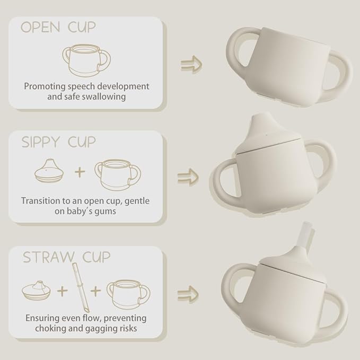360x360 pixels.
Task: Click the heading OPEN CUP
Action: point(58,28)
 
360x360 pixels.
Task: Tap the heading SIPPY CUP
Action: point(58,142)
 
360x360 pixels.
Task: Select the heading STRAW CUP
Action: point(66,257)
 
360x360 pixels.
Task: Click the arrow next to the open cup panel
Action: point(191,64)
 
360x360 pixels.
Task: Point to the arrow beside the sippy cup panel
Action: point(188,177)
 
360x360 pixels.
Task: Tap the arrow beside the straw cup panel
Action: point(188,294)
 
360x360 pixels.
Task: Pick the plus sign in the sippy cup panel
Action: point(80,172)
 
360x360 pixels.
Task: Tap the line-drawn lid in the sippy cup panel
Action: point(49,170)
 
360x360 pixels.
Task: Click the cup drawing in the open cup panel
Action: point(86,60)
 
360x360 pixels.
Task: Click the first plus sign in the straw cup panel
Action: point(63,291)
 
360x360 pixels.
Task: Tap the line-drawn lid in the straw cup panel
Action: point(37,289)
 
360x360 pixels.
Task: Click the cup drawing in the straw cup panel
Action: point(128,295)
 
